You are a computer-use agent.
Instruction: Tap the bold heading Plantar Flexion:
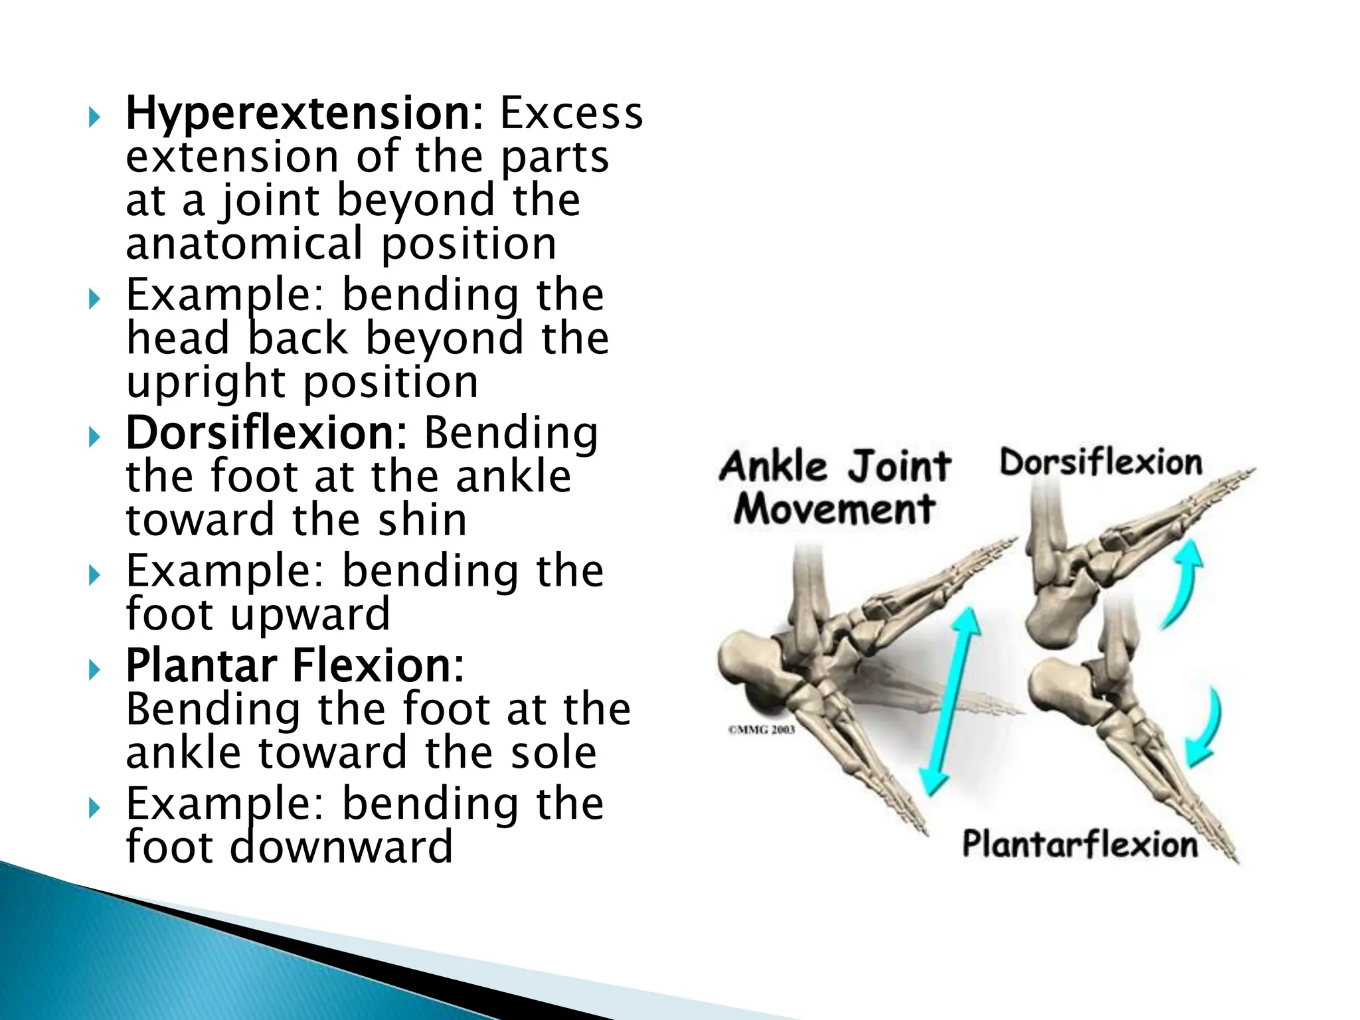[x=295, y=665]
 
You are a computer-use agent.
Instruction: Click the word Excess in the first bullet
[x=571, y=114]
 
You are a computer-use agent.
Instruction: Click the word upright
[x=206, y=383]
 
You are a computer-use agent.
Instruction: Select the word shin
[x=422, y=520]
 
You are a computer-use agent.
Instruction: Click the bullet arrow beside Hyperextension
[x=94, y=119]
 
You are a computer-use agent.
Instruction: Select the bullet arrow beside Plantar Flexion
[x=94, y=670]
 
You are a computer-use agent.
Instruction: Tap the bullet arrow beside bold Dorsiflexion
[x=94, y=438]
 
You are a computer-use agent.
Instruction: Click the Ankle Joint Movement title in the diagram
[x=835, y=487]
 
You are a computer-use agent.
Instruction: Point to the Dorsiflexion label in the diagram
[x=1100, y=463]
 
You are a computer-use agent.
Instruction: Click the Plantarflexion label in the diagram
[x=1080, y=845]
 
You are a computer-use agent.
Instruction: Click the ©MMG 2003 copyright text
[x=762, y=730]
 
